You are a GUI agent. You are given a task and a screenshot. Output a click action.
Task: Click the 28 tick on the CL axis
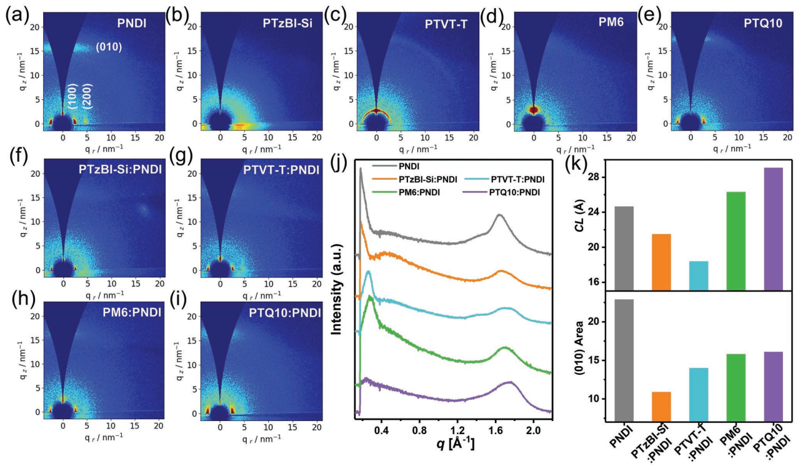point(599,177)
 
